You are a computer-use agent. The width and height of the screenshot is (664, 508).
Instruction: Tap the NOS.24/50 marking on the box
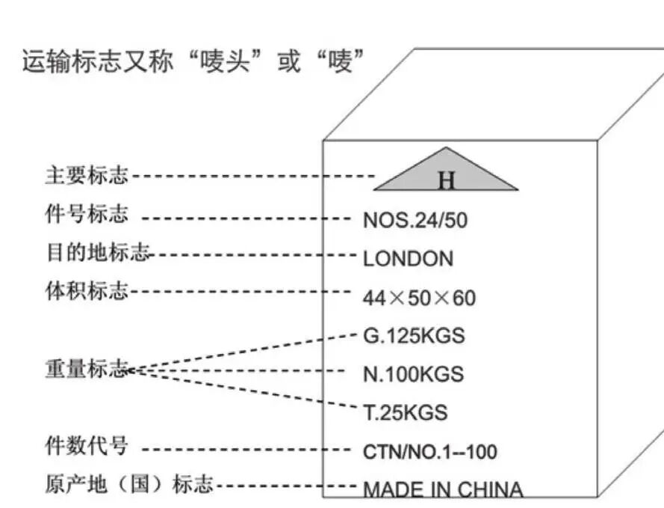(x=415, y=221)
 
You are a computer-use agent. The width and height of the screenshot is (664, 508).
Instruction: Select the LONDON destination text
(x=409, y=259)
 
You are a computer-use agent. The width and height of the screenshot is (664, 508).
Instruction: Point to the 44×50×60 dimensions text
(x=419, y=298)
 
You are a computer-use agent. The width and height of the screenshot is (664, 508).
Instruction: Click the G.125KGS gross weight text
(x=414, y=336)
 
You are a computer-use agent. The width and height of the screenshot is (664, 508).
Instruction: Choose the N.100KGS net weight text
(x=413, y=374)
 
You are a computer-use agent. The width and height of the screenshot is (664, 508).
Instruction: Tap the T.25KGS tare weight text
(x=406, y=412)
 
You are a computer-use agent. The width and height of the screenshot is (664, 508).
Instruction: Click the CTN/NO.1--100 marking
(x=429, y=452)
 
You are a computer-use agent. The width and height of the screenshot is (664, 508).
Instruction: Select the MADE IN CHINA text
(x=443, y=490)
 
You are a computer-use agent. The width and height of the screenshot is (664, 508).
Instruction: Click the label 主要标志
(x=87, y=175)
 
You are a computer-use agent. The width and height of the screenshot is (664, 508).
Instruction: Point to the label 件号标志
(x=87, y=213)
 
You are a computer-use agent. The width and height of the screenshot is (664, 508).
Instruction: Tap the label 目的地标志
(x=98, y=252)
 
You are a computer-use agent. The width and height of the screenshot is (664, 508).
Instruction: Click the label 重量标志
(x=87, y=368)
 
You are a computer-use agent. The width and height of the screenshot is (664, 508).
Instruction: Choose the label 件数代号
(x=87, y=445)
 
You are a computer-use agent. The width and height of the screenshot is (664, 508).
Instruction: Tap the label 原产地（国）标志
(x=129, y=484)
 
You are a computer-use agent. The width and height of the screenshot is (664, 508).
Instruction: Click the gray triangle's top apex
(x=446, y=147)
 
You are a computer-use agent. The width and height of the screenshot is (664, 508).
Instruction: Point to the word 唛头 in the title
(x=225, y=61)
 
